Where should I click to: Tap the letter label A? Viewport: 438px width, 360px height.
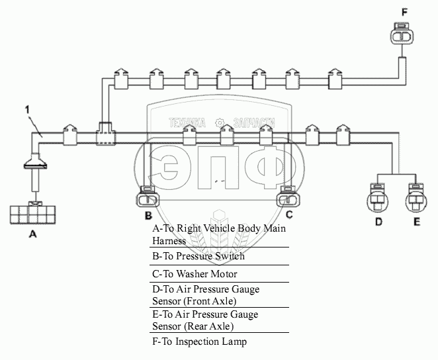pos(32,234)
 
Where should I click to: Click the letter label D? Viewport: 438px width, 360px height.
pos(379,222)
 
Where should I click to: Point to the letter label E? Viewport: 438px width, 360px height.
pos(416,222)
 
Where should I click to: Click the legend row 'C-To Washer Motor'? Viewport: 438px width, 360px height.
pos(195,273)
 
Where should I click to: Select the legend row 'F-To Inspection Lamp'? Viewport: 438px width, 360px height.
pos(199,341)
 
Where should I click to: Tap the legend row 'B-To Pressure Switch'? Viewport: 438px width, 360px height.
pos(198,256)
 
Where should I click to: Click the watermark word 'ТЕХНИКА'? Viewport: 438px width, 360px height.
pos(188,122)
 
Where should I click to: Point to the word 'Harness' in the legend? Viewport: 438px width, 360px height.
pos(169,241)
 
